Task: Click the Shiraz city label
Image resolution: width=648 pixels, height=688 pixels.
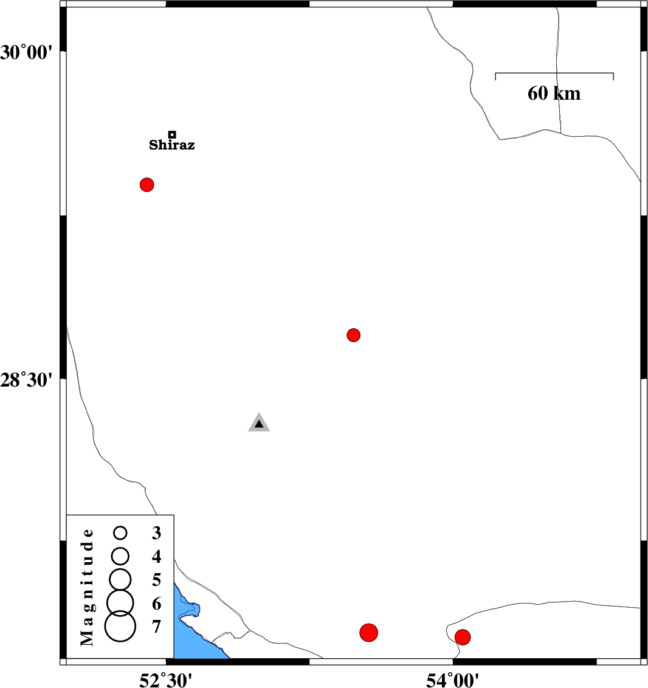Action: (x=172, y=145)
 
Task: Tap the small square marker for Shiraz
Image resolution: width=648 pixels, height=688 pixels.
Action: (x=172, y=134)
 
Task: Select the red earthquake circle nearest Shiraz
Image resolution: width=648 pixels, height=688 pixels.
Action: (x=146, y=185)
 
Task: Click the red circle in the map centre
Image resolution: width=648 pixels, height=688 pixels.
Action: (x=354, y=335)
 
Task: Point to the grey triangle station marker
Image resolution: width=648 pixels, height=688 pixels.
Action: (x=259, y=423)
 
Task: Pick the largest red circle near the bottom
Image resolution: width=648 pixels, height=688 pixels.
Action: (x=368, y=633)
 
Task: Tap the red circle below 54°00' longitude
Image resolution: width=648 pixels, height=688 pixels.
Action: (x=463, y=637)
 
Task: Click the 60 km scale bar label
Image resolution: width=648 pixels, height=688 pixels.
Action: (x=554, y=94)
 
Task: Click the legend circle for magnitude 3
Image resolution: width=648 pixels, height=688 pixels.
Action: (x=120, y=533)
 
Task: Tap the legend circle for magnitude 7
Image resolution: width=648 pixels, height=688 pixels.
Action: (x=120, y=627)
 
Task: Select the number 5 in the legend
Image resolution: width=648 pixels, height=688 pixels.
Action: (x=157, y=580)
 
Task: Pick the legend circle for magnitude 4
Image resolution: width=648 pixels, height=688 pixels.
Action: (x=120, y=556)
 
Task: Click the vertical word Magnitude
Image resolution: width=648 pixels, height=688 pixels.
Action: (x=88, y=587)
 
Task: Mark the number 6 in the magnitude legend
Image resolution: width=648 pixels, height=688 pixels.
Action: (x=157, y=604)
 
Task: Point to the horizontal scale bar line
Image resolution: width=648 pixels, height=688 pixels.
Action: (x=554, y=74)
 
